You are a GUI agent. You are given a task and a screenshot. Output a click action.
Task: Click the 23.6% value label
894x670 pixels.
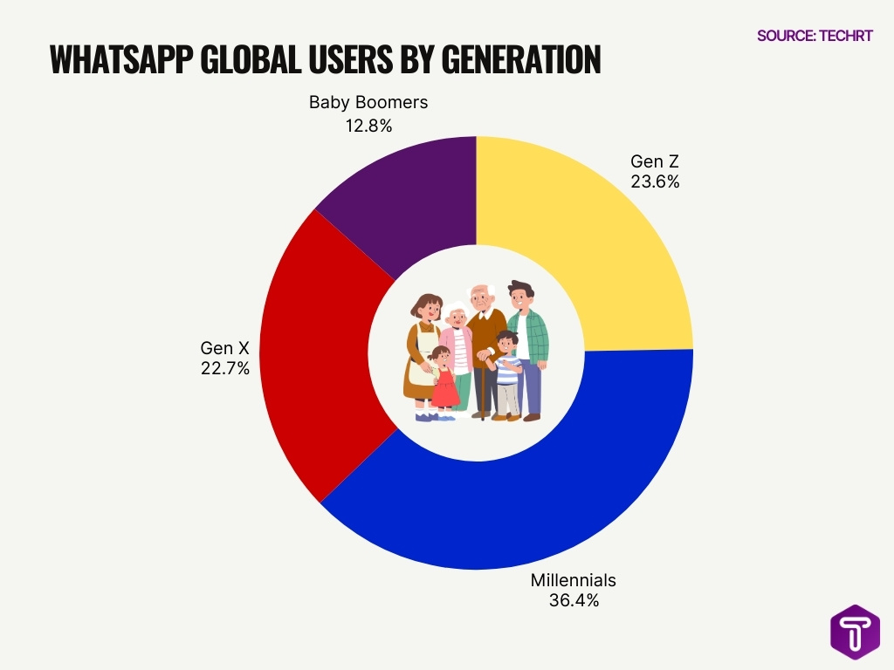point(655,182)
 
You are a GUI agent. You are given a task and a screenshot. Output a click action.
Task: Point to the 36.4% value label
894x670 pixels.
point(574,600)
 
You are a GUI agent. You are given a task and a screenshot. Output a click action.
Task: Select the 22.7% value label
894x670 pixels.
point(225,368)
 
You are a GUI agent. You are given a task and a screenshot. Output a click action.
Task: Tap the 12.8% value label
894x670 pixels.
point(368,125)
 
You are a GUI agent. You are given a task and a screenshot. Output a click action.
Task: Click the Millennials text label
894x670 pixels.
point(574,580)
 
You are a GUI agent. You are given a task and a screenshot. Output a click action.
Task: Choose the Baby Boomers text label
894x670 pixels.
point(368,103)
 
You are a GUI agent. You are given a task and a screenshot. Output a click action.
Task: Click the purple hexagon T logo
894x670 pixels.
point(855,632)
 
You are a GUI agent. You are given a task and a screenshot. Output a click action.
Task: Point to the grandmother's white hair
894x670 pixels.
point(457,308)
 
